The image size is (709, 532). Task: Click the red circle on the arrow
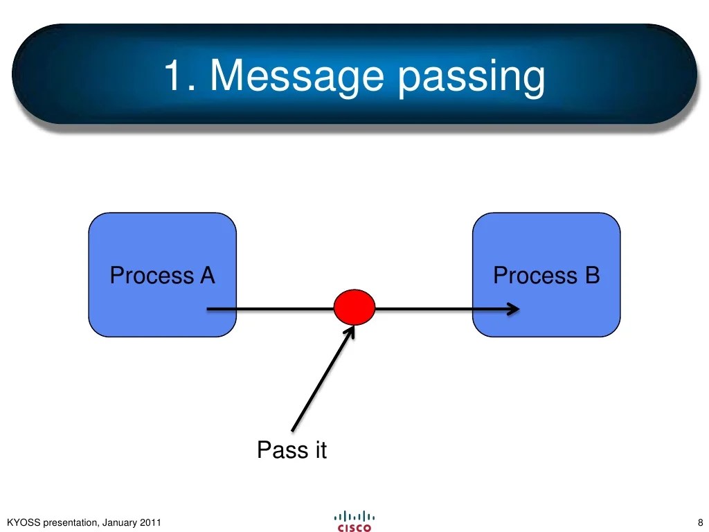tap(354, 308)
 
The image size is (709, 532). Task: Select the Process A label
tap(162, 276)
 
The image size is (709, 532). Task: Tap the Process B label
tap(546, 276)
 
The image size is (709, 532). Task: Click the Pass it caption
tap(291, 450)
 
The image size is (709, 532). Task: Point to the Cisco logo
tap(354, 521)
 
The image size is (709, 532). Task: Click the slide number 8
tap(700, 522)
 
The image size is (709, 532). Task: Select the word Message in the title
tap(297, 76)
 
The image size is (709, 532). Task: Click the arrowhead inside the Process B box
tap(513, 309)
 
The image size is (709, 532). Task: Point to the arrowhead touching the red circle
tap(350, 331)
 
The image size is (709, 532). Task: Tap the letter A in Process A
tap(207, 276)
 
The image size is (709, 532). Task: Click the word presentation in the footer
tap(70, 522)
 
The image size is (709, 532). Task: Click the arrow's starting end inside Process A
tap(208, 309)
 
